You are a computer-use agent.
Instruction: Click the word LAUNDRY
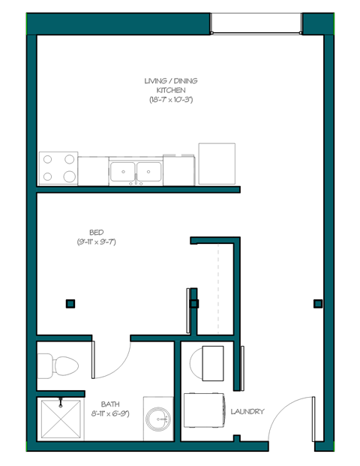click(x=247, y=411)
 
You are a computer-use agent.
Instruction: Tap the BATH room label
click(x=109, y=404)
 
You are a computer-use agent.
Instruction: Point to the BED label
click(x=95, y=233)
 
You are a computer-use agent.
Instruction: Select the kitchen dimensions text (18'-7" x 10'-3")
click(x=171, y=100)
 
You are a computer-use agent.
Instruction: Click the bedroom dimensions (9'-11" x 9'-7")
click(x=96, y=242)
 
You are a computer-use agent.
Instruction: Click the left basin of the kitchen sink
click(x=122, y=173)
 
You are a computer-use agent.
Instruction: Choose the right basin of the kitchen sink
click(x=150, y=173)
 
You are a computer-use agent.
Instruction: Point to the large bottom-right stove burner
click(x=69, y=177)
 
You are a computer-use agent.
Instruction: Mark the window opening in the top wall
click(x=256, y=23)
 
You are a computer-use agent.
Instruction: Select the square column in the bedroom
click(x=70, y=304)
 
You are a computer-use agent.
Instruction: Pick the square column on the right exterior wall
click(x=318, y=304)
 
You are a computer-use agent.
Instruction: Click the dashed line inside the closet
click(x=218, y=289)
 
